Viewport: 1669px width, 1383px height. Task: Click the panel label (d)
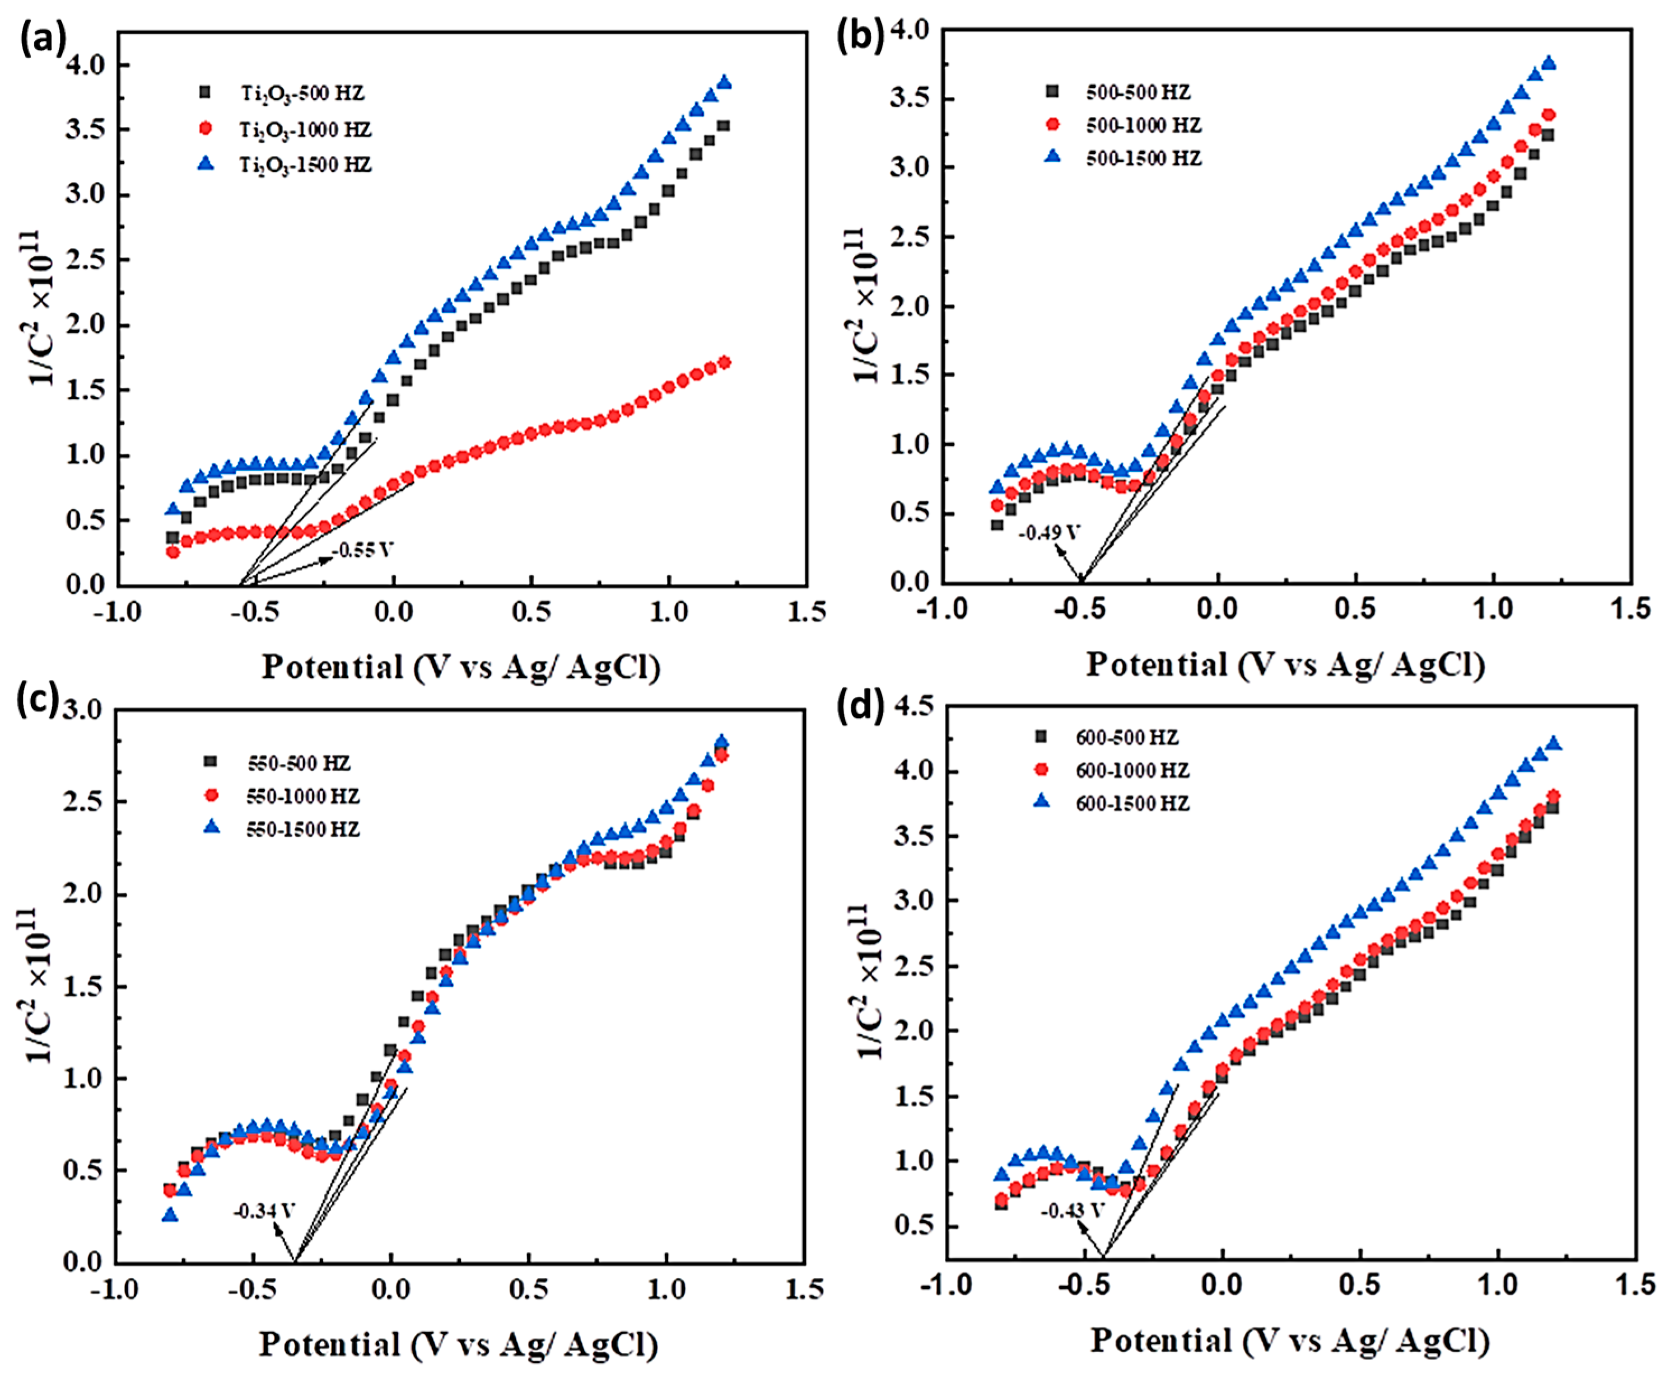[861, 705]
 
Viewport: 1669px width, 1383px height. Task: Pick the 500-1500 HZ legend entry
[1143, 158]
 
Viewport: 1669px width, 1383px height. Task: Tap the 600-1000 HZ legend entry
[1132, 771]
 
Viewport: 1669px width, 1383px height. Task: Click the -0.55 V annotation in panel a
[363, 550]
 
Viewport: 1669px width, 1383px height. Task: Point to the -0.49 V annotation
[1049, 532]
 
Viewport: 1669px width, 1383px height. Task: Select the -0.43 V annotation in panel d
[1073, 1211]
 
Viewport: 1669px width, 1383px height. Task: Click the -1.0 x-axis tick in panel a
[118, 612]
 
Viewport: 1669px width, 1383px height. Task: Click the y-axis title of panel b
[866, 306]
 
